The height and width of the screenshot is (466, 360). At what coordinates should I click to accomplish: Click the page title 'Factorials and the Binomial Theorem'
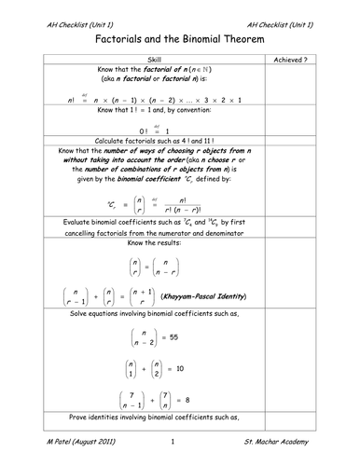179,42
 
